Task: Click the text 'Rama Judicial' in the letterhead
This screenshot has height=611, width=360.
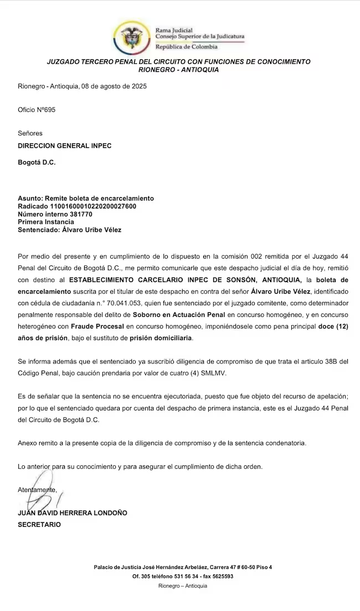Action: [174, 30]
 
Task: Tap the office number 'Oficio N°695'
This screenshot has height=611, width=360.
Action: [37, 110]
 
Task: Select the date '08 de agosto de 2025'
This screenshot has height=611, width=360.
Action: [114, 86]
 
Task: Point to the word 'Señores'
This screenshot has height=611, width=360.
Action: [30, 134]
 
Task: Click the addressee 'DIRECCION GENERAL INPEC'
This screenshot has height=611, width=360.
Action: [65, 146]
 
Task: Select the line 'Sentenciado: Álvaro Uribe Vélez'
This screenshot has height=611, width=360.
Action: [69, 229]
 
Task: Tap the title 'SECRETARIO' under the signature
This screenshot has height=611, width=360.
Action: [39, 524]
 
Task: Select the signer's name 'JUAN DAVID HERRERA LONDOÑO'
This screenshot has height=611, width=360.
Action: [73, 513]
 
